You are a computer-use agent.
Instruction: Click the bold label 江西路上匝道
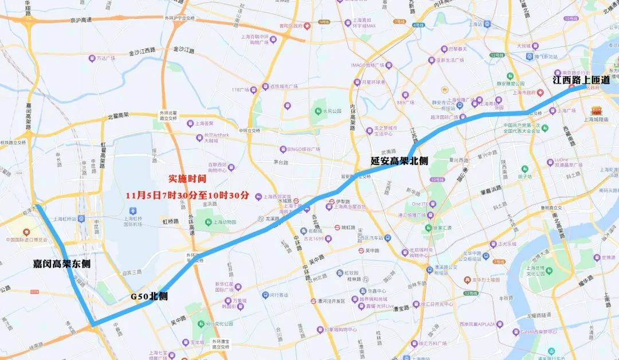coord(581,81)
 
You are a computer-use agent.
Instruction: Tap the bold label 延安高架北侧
coord(399,161)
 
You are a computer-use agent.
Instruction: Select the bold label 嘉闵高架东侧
coord(61,264)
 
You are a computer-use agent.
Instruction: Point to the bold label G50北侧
coord(149,296)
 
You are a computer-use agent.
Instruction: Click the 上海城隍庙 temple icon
coord(597,110)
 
